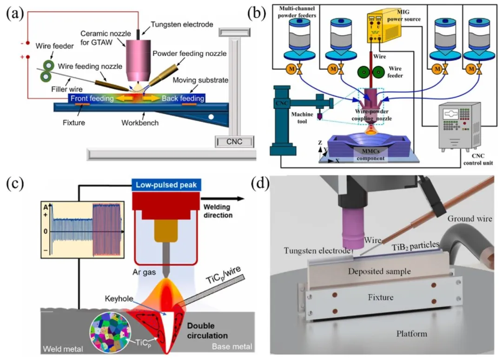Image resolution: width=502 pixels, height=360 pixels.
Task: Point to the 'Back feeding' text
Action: [183, 98]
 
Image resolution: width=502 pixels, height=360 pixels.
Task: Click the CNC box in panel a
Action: [234, 141]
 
